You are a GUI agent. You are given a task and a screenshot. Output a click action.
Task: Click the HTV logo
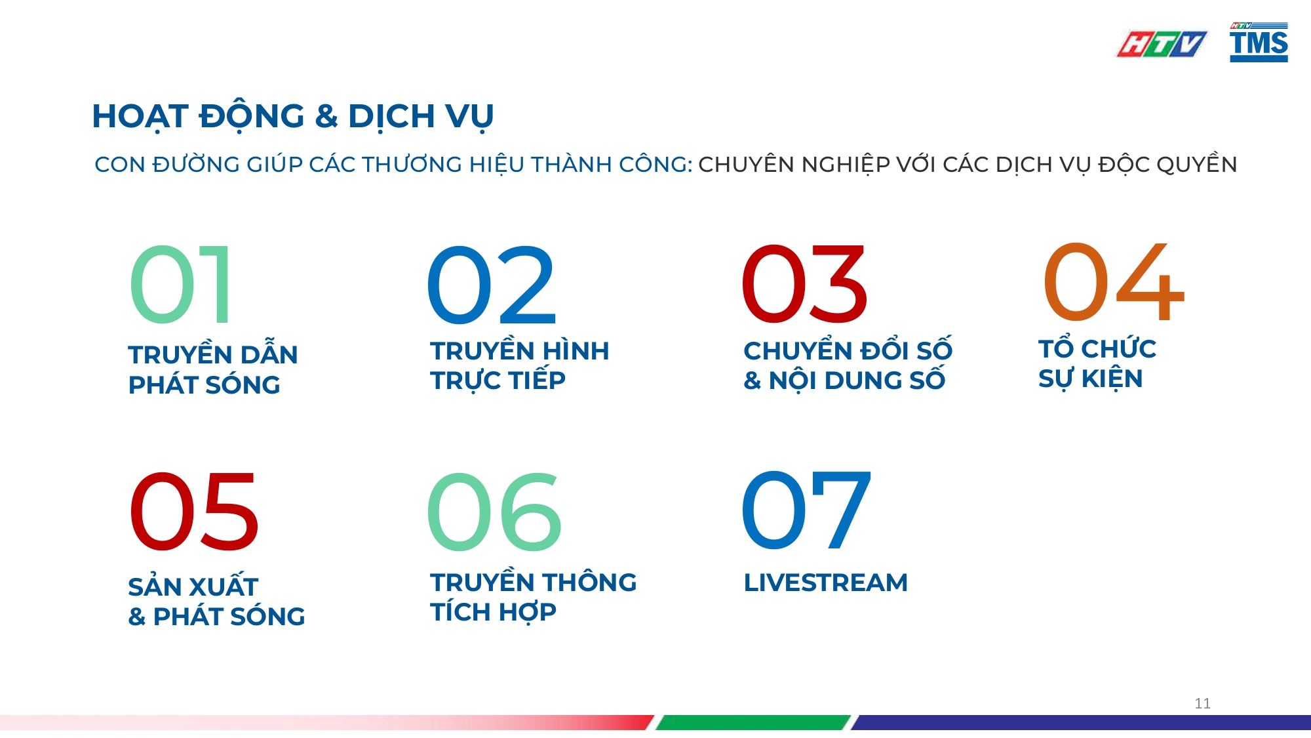tap(1161, 44)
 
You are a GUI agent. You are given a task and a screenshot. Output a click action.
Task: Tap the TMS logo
tap(1259, 43)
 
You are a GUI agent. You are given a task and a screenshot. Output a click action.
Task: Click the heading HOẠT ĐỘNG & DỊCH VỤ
tap(292, 117)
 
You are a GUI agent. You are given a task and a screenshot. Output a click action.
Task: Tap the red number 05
tap(194, 512)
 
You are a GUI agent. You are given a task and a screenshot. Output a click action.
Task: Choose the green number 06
tap(494, 512)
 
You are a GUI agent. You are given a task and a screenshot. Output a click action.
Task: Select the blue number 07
tap(806, 510)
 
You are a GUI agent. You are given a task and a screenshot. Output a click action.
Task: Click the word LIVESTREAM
tap(825, 583)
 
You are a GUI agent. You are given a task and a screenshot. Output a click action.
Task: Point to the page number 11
tap(1202, 703)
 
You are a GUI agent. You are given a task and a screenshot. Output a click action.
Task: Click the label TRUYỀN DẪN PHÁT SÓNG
tap(212, 369)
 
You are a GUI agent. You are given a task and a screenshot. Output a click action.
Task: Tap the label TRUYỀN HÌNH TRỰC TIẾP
tap(519, 365)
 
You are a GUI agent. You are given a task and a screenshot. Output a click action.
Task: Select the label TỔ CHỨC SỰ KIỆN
tap(1097, 363)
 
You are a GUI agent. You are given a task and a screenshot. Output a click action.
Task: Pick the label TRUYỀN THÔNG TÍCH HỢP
tap(533, 597)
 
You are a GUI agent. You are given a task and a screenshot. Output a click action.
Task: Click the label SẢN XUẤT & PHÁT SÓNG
tap(216, 602)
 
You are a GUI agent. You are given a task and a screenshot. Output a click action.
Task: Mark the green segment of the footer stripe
tap(754, 722)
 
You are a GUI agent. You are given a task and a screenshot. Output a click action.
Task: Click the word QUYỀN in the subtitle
tap(1196, 164)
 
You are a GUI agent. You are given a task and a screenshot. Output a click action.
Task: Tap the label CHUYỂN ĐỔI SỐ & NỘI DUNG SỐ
tap(847, 365)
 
